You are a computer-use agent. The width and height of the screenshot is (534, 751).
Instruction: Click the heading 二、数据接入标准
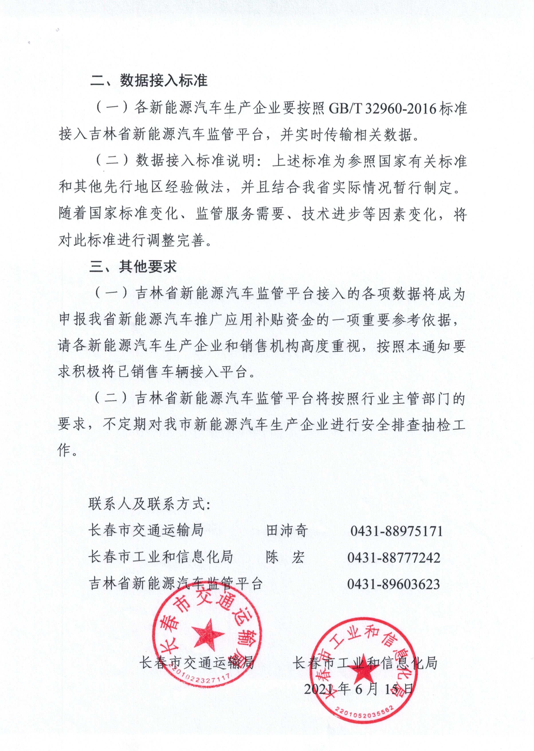click(149, 81)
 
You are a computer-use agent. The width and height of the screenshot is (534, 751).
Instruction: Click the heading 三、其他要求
click(133, 266)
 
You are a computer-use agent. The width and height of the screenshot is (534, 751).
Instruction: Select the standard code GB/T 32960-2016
click(382, 108)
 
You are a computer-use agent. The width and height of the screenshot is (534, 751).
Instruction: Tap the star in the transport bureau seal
click(208, 635)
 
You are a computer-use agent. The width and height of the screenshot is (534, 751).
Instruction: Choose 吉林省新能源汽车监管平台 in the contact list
click(176, 583)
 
